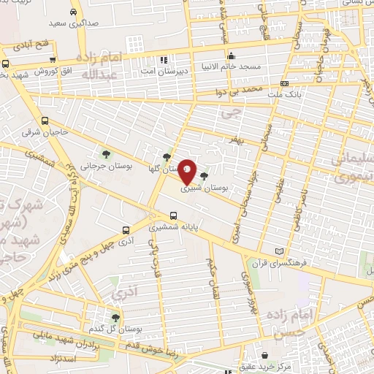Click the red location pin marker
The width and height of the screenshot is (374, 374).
tap(188, 172)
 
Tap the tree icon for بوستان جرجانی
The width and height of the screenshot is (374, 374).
tap(107, 153)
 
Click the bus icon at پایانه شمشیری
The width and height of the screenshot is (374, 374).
tap(173, 215)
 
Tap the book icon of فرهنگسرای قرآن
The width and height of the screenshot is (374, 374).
tap(278, 250)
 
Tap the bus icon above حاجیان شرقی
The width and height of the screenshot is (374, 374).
tap(46, 121)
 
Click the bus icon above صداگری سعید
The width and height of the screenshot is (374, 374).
tap(75, 12)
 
